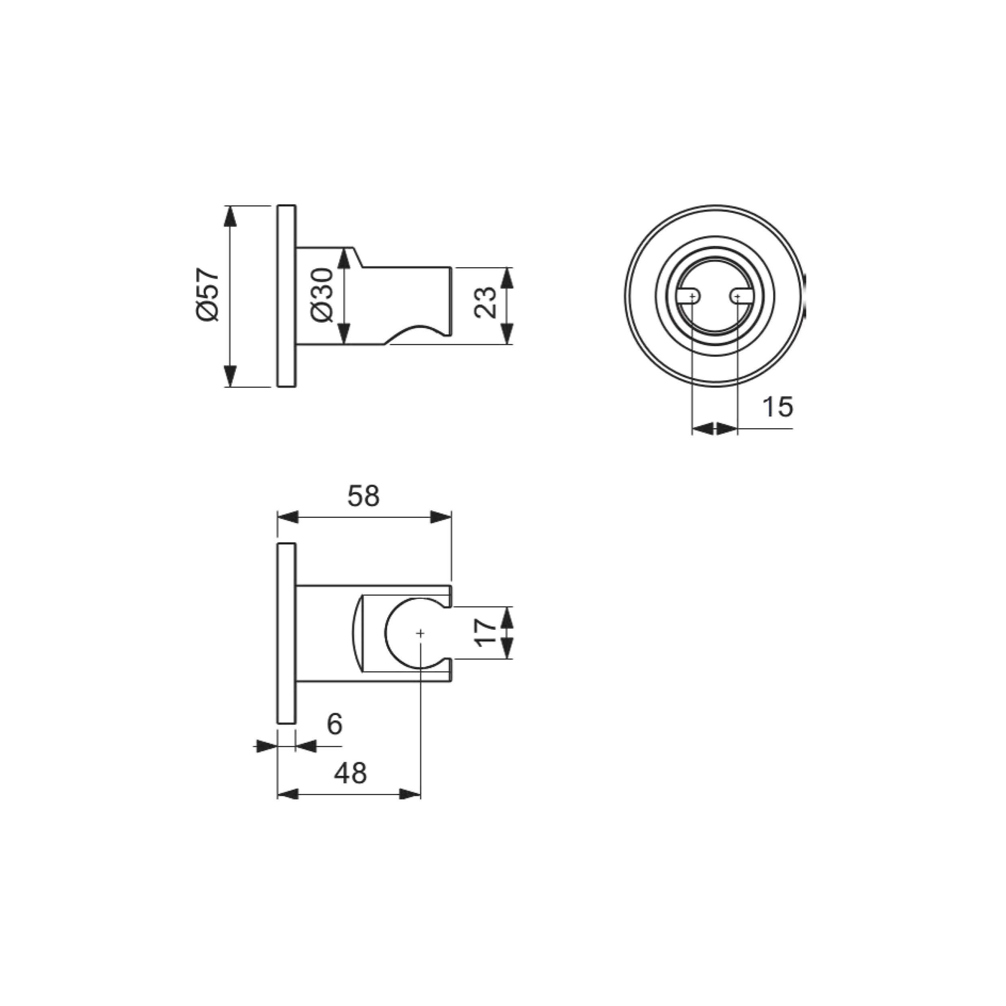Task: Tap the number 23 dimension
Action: coord(485,302)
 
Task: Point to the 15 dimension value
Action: coord(777,407)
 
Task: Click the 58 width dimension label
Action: coord(363,496)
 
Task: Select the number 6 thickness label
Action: coord(334,724)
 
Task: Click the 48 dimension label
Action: coord(350,773)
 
